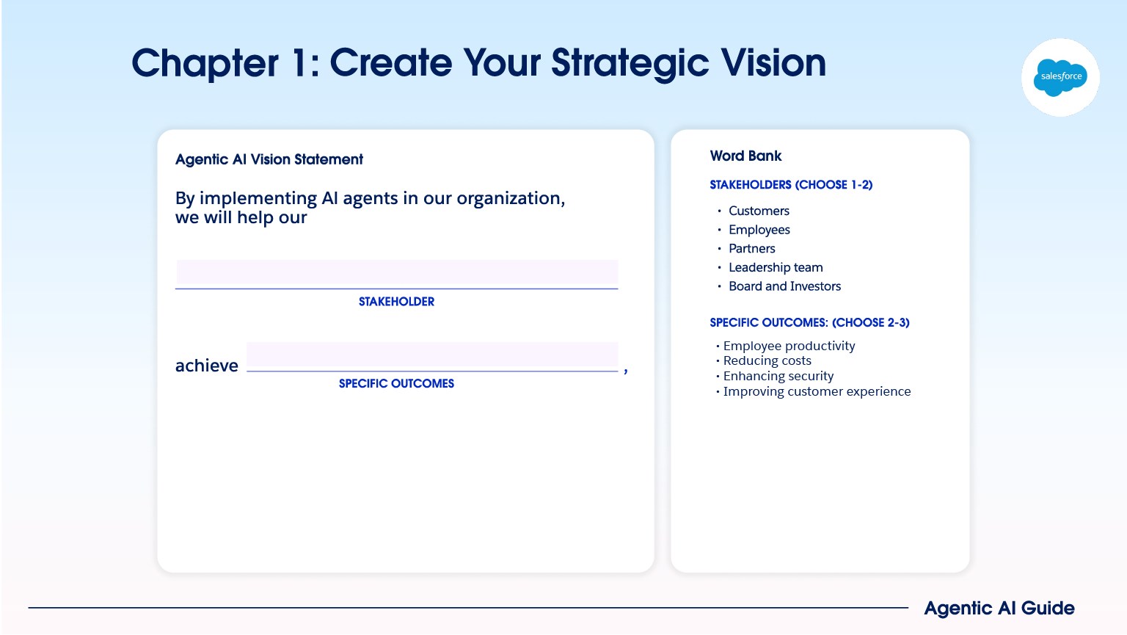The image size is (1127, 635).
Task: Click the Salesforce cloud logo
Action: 1060,77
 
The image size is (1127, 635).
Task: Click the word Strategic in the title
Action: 631,63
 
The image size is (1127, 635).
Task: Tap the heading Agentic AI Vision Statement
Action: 269,159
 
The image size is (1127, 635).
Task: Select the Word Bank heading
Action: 745,156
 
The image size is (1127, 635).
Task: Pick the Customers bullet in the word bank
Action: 759,211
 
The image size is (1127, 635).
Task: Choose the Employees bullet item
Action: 759,230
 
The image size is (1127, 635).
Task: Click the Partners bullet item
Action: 751,249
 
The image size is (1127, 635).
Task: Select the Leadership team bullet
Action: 776,267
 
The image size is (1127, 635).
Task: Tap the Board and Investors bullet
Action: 784,286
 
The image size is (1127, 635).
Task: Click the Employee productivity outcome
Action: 789,346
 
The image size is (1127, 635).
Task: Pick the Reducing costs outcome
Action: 767,360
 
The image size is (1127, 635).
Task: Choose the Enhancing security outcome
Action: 778,376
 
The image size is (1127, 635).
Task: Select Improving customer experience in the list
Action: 817,391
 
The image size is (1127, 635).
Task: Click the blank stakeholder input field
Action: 396,274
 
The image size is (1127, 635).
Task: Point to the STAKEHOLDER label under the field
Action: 396,302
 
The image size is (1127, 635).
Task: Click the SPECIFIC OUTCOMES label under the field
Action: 396,384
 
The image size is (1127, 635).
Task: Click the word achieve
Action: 206,366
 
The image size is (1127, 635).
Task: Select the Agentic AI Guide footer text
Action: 999,609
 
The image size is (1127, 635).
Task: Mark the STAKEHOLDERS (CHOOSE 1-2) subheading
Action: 791,185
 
